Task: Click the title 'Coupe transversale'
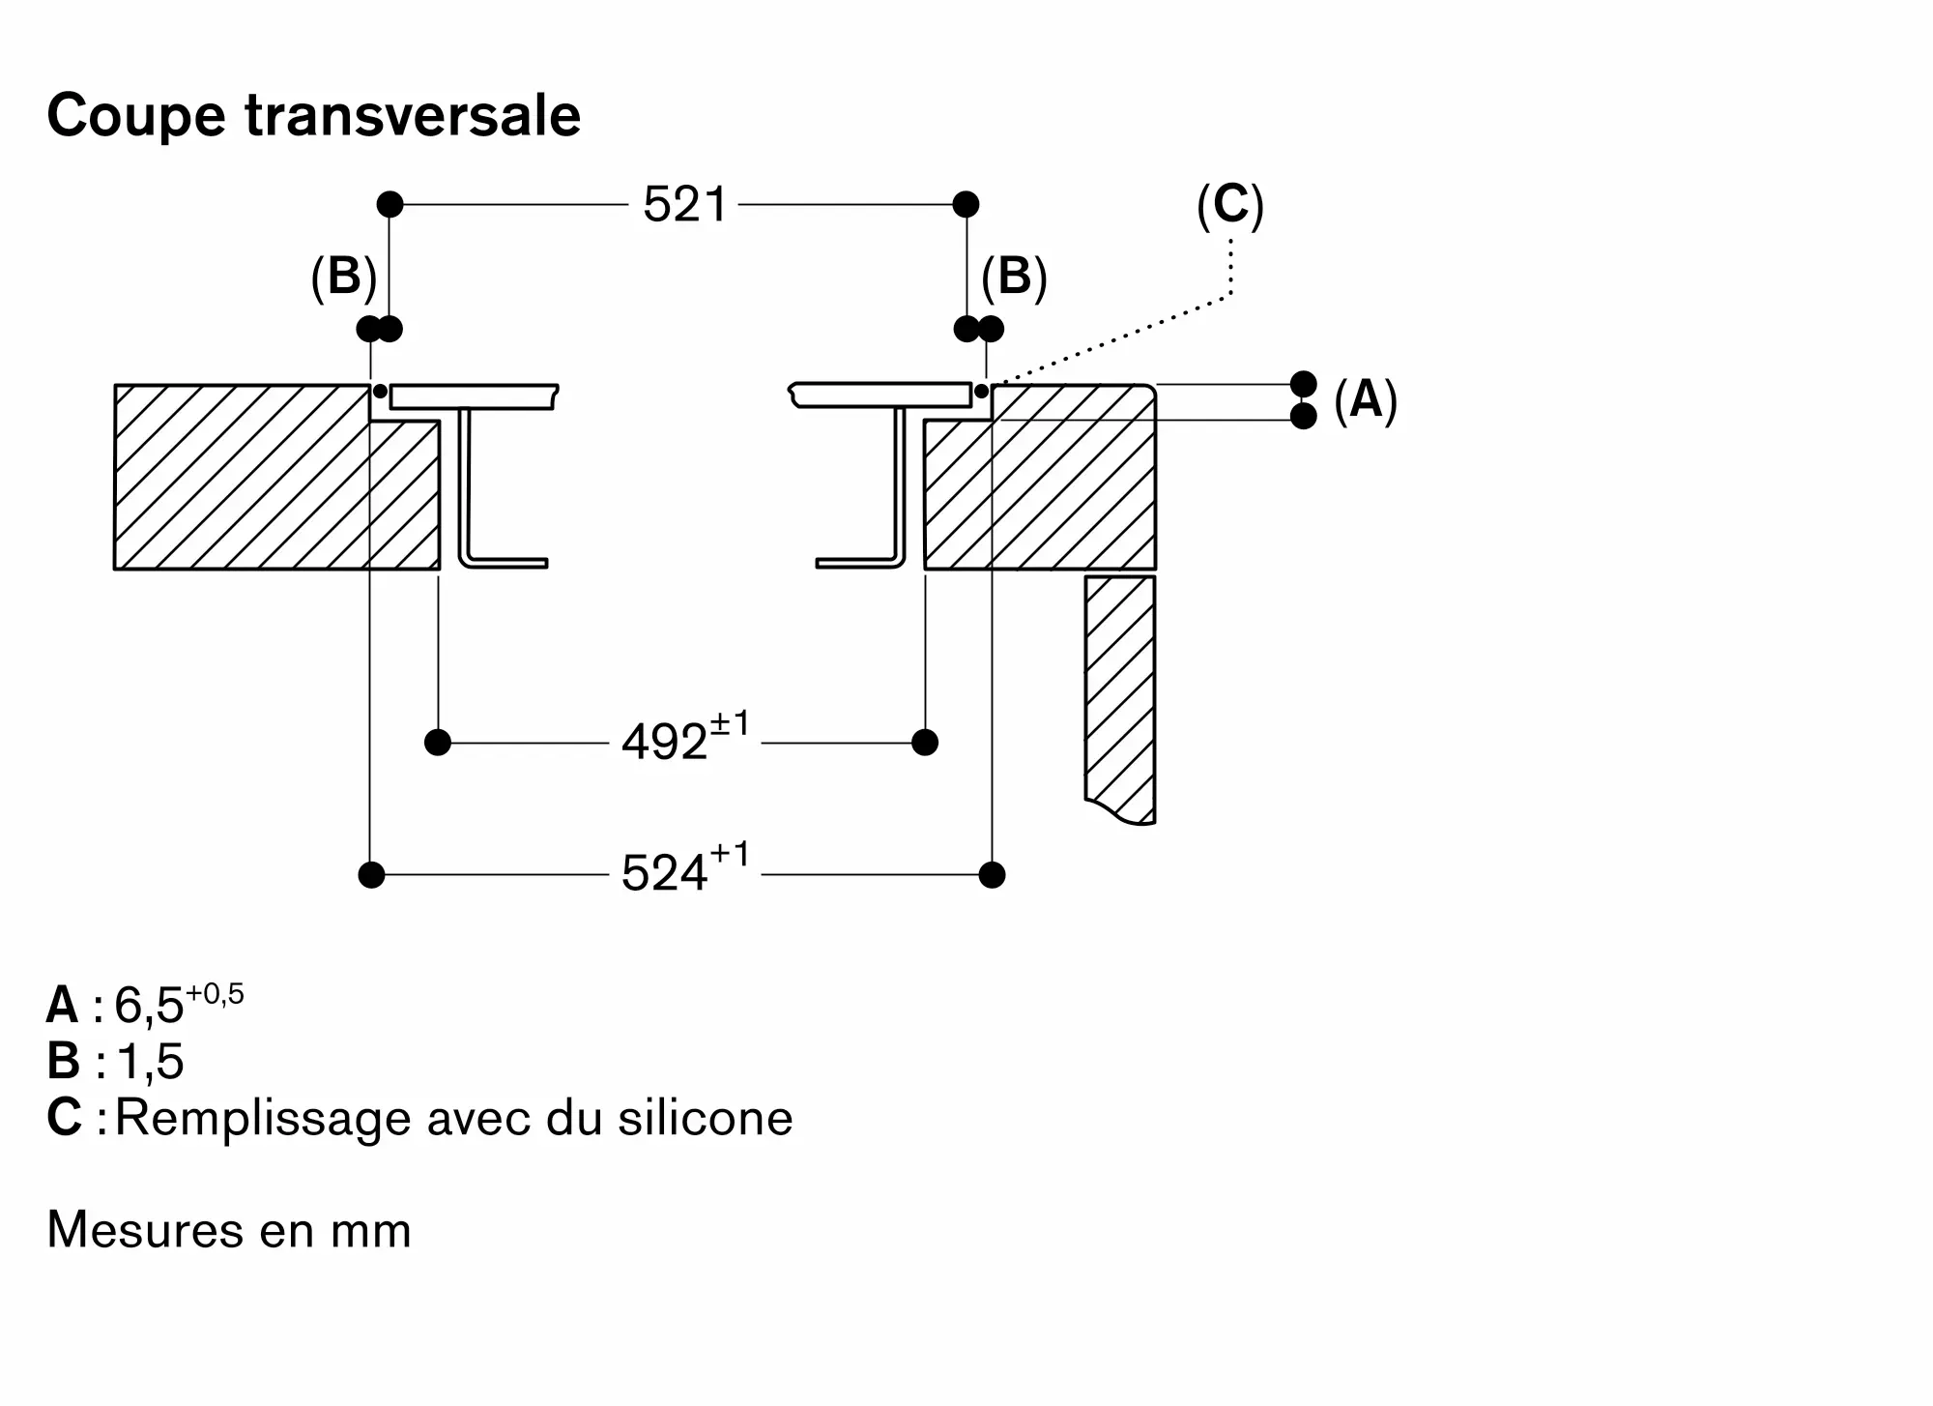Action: point(314,116)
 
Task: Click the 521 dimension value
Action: point(684,205)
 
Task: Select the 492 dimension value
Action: point(664,744)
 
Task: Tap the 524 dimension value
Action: point(664,874)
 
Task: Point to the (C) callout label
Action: point(1229,205)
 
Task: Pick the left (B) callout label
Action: point(343,278)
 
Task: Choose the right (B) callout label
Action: point(1014,278)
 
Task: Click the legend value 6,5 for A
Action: point(149,1006)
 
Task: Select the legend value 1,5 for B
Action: point(150,1062)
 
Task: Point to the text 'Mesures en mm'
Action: point(229,1231)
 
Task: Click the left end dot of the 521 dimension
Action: point(389,204)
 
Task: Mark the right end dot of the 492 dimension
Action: point(925,743)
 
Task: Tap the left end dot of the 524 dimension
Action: point(371,875)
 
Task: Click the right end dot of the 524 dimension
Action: point(992,875)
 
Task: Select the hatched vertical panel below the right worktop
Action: point(1120,698)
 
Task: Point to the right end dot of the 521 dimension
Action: point(966,204)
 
